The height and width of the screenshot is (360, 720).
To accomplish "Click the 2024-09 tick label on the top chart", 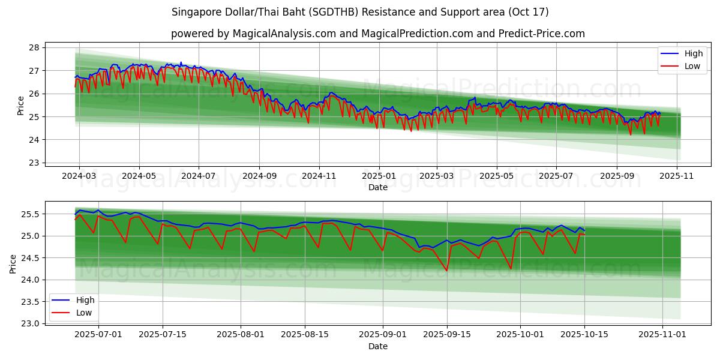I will click(259, 175).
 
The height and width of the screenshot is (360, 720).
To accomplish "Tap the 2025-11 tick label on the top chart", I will click(677, 175).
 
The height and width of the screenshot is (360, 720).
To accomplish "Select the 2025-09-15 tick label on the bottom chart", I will click(447, 334).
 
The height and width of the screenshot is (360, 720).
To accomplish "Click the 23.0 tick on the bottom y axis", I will click(30, 324).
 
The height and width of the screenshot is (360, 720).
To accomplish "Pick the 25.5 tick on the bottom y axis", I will click(30, 214).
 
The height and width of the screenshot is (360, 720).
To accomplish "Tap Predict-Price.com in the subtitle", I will click(542, 34).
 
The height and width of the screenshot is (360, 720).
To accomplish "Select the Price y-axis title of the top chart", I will click(21, 106).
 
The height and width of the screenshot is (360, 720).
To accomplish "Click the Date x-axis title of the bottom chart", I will click(378, 346).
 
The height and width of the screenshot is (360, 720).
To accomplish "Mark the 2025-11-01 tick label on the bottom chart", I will click(662, 334).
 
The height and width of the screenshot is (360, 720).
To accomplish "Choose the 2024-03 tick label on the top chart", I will click(79, 175).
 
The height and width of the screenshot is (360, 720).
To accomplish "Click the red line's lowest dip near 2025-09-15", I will click(446, 271).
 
